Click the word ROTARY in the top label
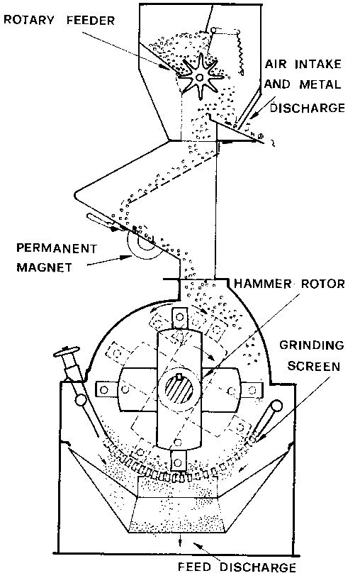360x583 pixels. [28, 20]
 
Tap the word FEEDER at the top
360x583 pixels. [91, 21]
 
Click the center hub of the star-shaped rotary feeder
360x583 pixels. [200, 77]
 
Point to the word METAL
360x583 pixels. [320, 84]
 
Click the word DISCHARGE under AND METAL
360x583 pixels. [308, 108]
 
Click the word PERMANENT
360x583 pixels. [57, 248]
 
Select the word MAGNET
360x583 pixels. [45, 267]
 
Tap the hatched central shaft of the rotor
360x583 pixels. [179, 389]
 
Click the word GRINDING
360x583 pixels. [311, 345]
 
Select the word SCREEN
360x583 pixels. [314, 366]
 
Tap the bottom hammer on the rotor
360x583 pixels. [179, 462]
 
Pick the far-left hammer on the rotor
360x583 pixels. [106, 389]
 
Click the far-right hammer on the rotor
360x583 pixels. [252, 390]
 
